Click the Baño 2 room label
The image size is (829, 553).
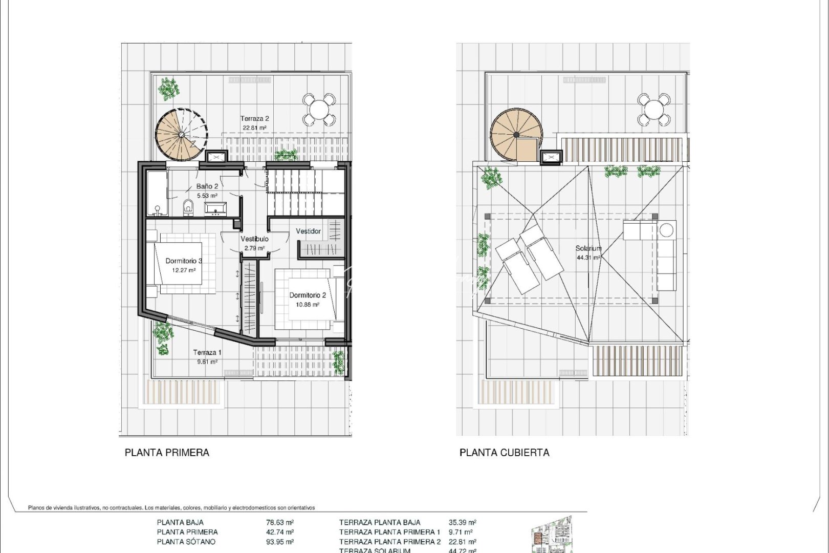[207, 186]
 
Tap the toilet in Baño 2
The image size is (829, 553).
[188, 207]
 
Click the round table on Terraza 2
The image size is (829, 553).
[318, 109]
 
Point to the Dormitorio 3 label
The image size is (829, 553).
[184, 261]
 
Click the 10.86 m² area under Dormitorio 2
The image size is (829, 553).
[308, 304]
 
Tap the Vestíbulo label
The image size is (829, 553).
[254, 239]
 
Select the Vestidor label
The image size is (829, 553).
[308, 231]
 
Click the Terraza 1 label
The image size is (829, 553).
[207, 352]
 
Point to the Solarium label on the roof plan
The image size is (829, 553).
[588, 248]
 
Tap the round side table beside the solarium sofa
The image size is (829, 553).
[666, 230]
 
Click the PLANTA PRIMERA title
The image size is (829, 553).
[167, 453]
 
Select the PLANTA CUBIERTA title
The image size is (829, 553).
[504, 453]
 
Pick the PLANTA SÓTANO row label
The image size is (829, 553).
[186, 542]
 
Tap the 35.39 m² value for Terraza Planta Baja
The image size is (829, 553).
[462, 522]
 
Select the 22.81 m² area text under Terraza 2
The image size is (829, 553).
[254, 127]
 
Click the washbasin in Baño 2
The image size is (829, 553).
[216, 208]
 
